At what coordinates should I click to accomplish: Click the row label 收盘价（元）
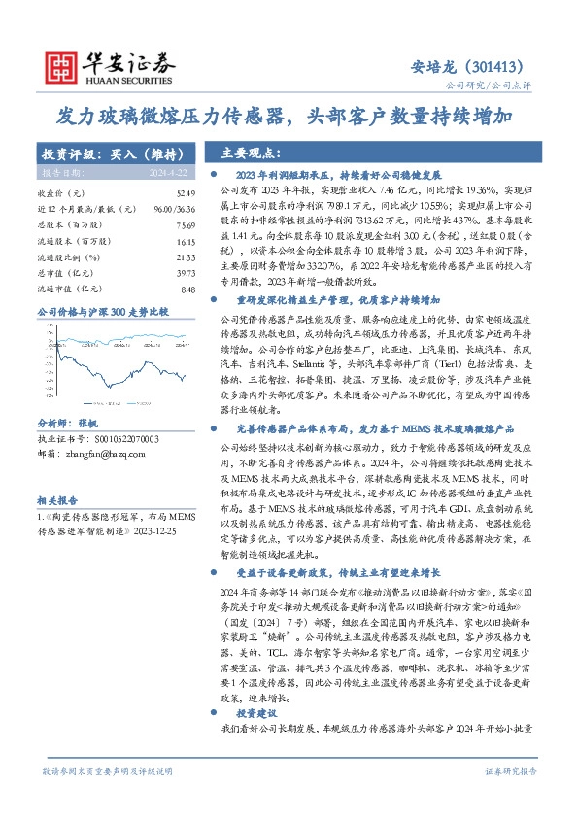click(x=57, y=195)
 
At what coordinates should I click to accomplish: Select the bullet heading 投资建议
click(x=255, y=712)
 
